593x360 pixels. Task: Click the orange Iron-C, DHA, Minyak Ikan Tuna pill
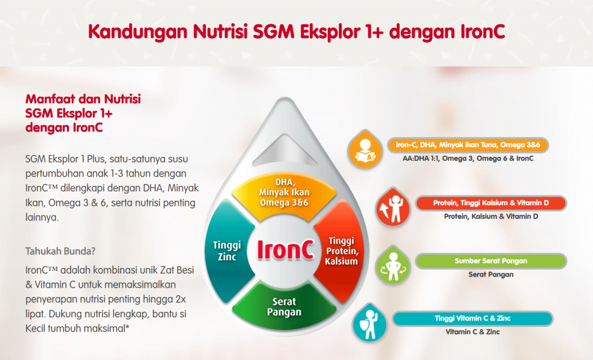(467, 145)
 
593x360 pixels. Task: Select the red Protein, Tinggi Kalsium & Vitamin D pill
(490, 203)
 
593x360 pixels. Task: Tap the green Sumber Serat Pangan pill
(490, 261)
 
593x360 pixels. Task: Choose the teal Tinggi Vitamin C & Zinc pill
(473, 318)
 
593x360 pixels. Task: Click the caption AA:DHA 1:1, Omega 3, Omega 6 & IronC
(467, 158)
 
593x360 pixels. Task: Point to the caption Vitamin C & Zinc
(473, 332)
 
